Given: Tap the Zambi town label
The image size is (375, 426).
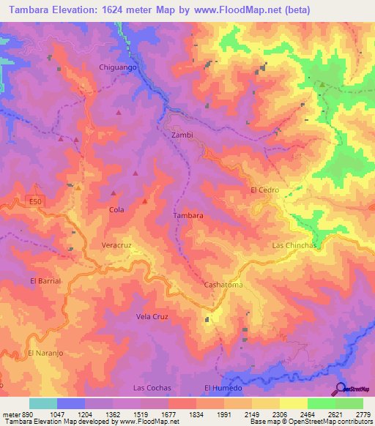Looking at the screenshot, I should [x=182, y=135].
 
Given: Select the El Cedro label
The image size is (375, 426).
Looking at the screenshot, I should [x=264, y=190].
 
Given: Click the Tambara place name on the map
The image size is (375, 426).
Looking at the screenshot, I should [x=187, y=216].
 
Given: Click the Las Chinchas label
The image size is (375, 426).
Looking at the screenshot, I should [x=294, y=245].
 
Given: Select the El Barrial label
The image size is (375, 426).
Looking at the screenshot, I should [x=45, y=280].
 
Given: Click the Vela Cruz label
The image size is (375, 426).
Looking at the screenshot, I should [x=152, y=316].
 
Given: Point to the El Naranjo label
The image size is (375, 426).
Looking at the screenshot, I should [x=42, y=353].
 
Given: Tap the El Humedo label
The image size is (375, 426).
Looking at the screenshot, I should [x=223, y=387].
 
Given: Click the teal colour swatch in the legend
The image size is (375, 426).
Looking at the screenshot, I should [x=43, y=403].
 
